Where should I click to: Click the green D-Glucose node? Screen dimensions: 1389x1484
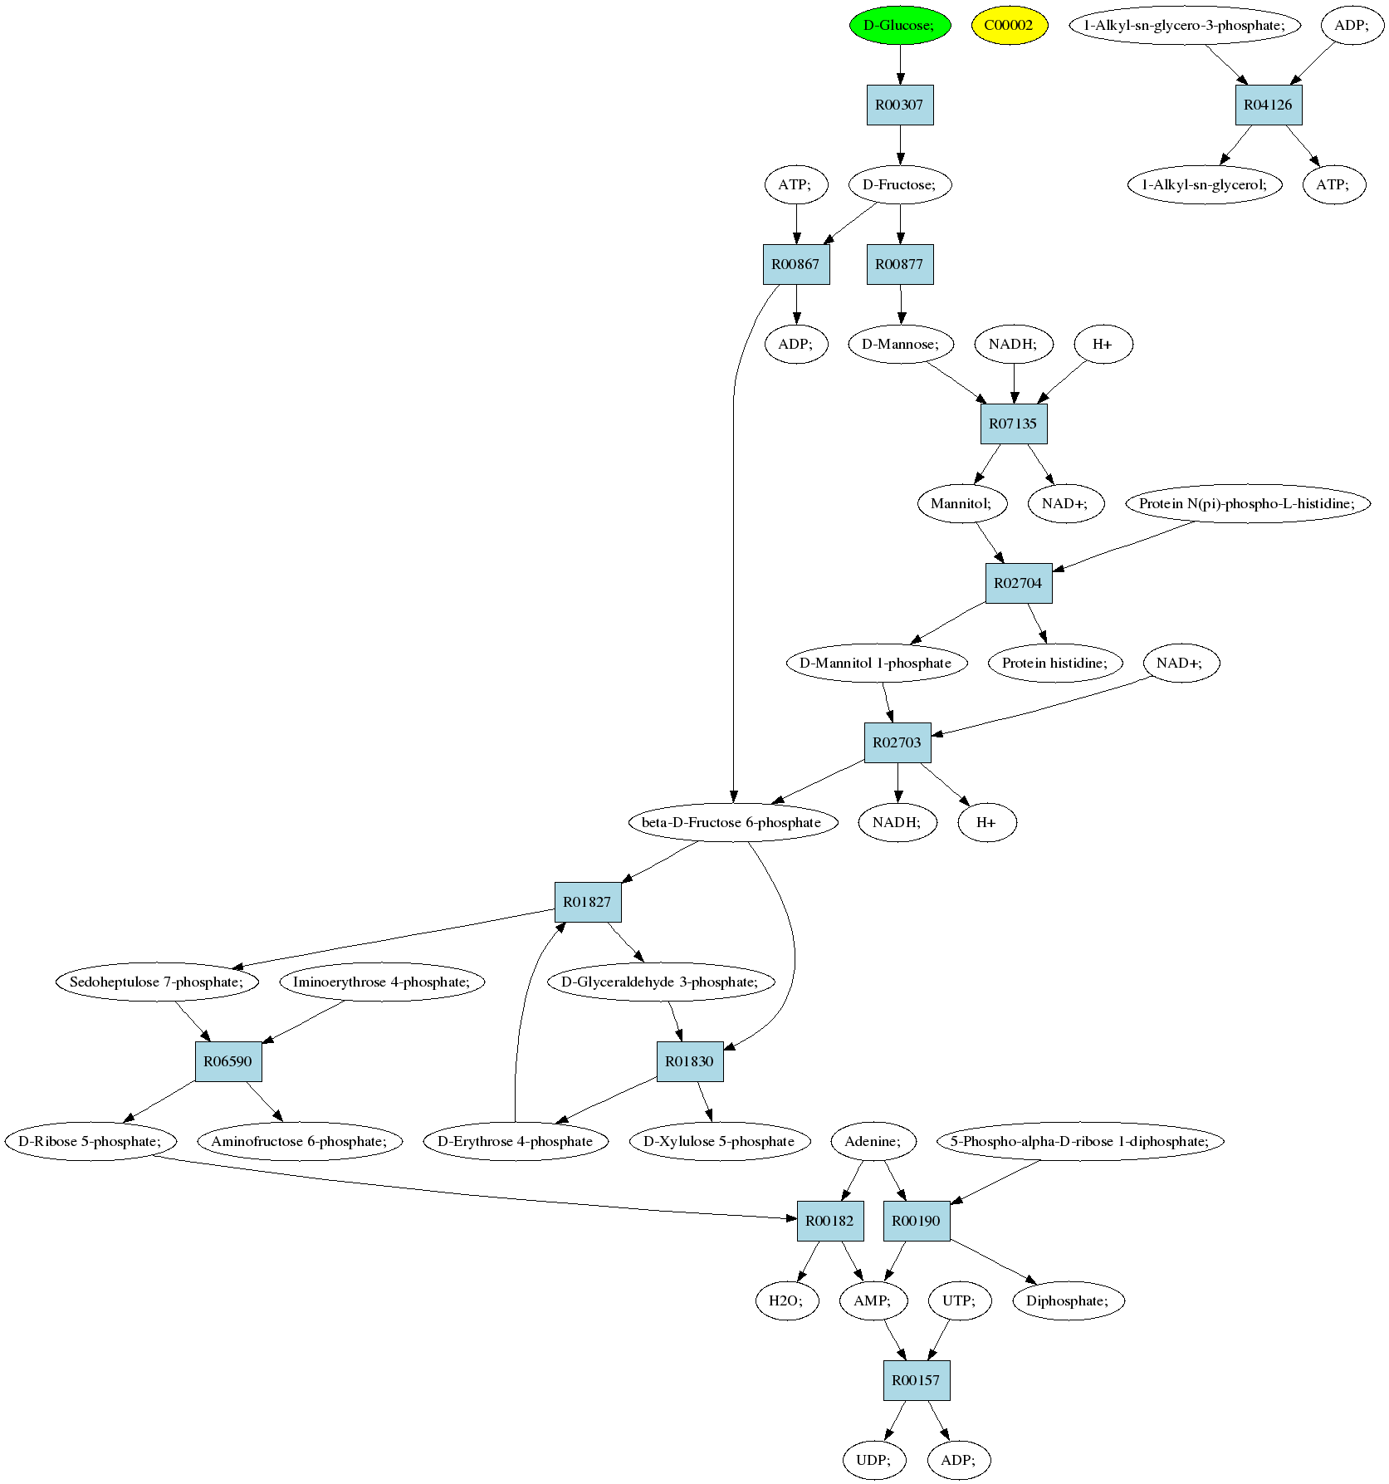tap(900, 25)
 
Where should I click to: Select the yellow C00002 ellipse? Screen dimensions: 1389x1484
tap(1009, 25)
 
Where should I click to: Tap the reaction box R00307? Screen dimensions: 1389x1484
tap(900, 105)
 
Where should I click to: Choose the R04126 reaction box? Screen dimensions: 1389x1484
tap(1268, 105)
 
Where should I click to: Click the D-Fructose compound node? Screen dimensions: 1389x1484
tap(900, 184)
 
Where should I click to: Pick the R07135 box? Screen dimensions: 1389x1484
tap(1013, 424)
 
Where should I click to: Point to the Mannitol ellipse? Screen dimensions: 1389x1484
tap(962, 503)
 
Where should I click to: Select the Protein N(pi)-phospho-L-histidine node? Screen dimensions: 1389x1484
tap(1248, 503)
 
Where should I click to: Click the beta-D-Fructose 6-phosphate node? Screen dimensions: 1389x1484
tap(732, 822)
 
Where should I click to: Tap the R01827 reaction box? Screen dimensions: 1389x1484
tap(588, 902)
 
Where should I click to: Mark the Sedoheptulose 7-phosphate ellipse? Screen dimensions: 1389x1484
tap(158, 982)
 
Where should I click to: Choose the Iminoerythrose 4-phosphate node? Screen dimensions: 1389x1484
tap(382, 982)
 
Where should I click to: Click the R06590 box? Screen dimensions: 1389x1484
tap(228, 1061)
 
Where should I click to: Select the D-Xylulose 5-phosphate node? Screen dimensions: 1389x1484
tap(719, 1141)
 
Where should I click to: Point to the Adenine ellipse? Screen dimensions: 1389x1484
tap(873, 1141)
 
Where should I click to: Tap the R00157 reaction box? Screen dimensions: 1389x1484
tap(917, 1380)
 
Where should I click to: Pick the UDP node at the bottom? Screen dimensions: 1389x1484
tap(873, 1460)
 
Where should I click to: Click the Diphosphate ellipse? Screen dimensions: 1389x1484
tap(1069, 1300)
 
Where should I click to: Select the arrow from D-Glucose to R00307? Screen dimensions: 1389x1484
tap(900, 65)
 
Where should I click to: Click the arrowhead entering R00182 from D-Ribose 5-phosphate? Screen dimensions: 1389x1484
tap(790, 1218)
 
